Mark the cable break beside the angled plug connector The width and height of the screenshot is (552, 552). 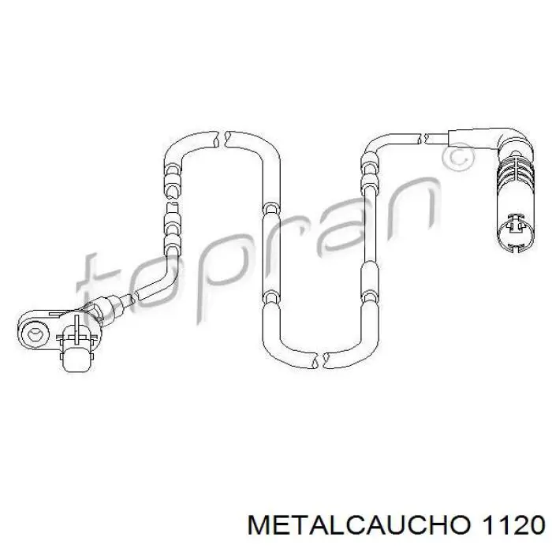point(428,140)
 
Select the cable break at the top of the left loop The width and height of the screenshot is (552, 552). point(224,140)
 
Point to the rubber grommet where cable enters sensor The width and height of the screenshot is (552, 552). point(105,308)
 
